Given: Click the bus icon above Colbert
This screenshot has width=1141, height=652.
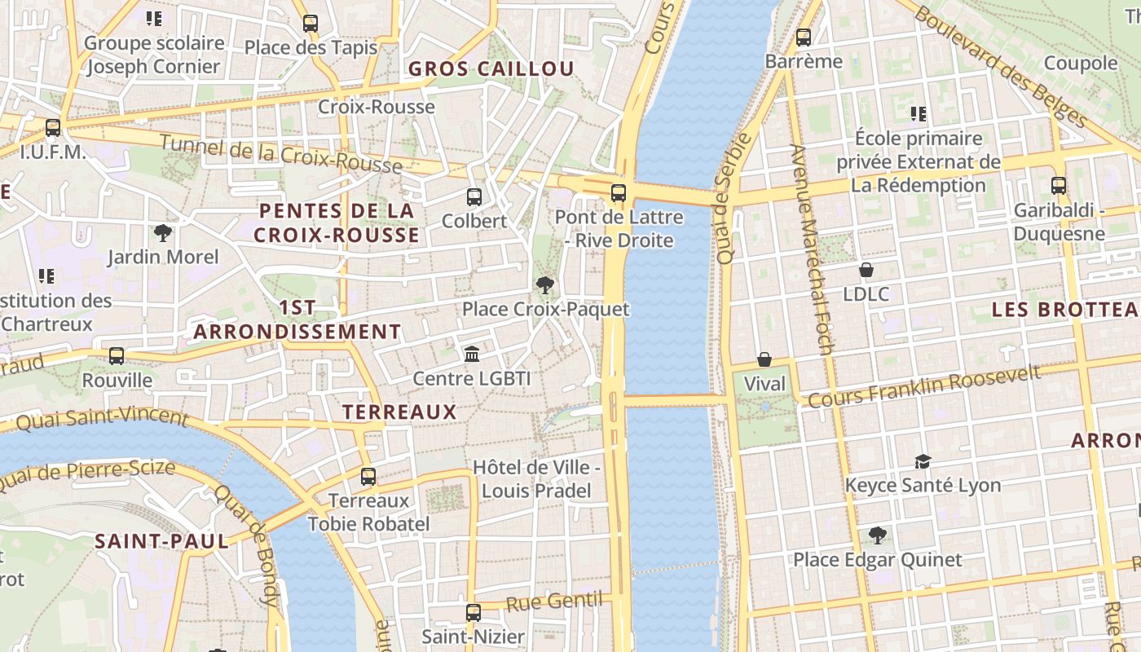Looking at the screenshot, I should [474, 196].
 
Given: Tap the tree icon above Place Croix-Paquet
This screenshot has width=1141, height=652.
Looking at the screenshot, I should [544, 285].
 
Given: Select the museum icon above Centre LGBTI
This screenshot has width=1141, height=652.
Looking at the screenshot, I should [471, 354].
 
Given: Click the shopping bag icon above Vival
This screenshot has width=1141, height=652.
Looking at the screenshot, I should [764, 359].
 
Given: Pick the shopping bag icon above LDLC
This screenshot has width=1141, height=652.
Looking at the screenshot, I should [866, 269].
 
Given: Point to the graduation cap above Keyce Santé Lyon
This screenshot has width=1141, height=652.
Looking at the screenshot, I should [923, 461].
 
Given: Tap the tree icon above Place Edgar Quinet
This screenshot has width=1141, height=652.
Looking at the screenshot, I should [877, 535].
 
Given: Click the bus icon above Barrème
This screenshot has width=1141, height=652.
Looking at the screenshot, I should [804, 37].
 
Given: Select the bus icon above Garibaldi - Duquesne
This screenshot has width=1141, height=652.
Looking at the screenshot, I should [1058, 185].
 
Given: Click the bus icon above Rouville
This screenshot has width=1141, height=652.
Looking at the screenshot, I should [117, 355].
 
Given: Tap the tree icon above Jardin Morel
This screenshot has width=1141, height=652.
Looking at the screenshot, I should [163, 233].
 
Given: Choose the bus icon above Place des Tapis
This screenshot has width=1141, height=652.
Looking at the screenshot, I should [310, 23].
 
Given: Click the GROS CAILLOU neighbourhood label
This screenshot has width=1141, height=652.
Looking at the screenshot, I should [491, 68].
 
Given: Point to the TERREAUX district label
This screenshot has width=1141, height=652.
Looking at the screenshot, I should [399, 412].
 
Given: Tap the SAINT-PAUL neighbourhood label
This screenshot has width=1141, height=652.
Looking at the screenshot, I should [161, 541].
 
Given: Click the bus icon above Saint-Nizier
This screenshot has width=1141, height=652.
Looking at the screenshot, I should [473, 612].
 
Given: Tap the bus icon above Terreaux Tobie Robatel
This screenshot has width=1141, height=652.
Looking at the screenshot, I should [368, 476].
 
